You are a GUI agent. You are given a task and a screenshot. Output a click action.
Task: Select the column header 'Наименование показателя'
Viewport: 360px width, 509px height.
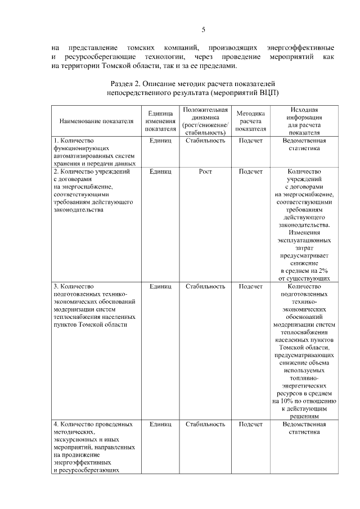(x=93, y=121)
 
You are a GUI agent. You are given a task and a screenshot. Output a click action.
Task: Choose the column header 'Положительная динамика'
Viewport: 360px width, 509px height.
(x=205, y=121)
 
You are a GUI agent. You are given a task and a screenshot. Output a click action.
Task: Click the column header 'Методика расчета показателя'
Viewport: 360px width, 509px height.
(x=250, y=121)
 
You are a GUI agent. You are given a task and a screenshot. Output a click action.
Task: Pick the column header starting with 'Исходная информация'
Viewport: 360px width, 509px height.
(x=304, y=121)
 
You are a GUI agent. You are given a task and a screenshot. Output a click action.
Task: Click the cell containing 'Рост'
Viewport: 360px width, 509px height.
(x=205, y=172)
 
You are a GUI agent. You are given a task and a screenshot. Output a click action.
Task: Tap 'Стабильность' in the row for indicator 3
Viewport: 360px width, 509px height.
(x=205, y=286)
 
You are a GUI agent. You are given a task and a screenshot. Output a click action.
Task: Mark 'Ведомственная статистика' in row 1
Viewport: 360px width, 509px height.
(x=304, y=145)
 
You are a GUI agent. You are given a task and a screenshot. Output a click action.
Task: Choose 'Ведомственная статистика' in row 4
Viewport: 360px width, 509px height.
(x=304, y=428)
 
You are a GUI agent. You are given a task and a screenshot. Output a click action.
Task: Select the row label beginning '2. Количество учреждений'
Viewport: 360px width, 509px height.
(x=92, y=172)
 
